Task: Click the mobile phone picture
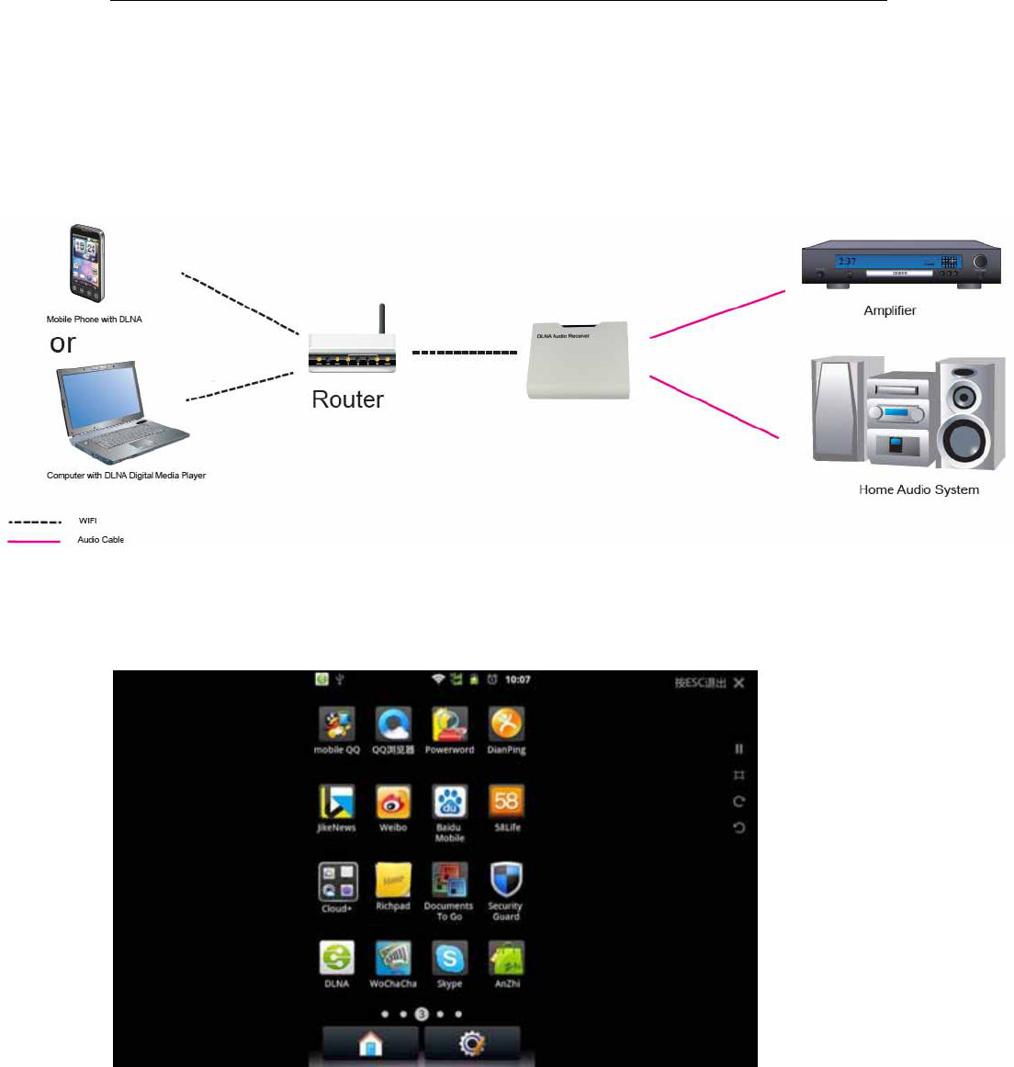tap(86, 264)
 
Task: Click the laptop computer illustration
tap(122, 414)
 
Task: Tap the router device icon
tap(353, 348)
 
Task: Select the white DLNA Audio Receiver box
tap(578, 360)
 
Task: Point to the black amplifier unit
tap(899, 264)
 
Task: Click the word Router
tap(347, 399)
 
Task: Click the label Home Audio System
tap(918, 489)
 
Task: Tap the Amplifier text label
tap(889, 310)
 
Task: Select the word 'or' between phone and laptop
tap(62, 343)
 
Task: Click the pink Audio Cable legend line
tap(34, 541)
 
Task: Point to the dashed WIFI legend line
tap(34, 522)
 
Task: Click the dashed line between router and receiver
tap(464, 353)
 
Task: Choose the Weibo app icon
tap(393, 802)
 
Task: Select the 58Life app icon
tap(506, 802)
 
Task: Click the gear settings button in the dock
tap(472, 1044)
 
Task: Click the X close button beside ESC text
tap(739, 682)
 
